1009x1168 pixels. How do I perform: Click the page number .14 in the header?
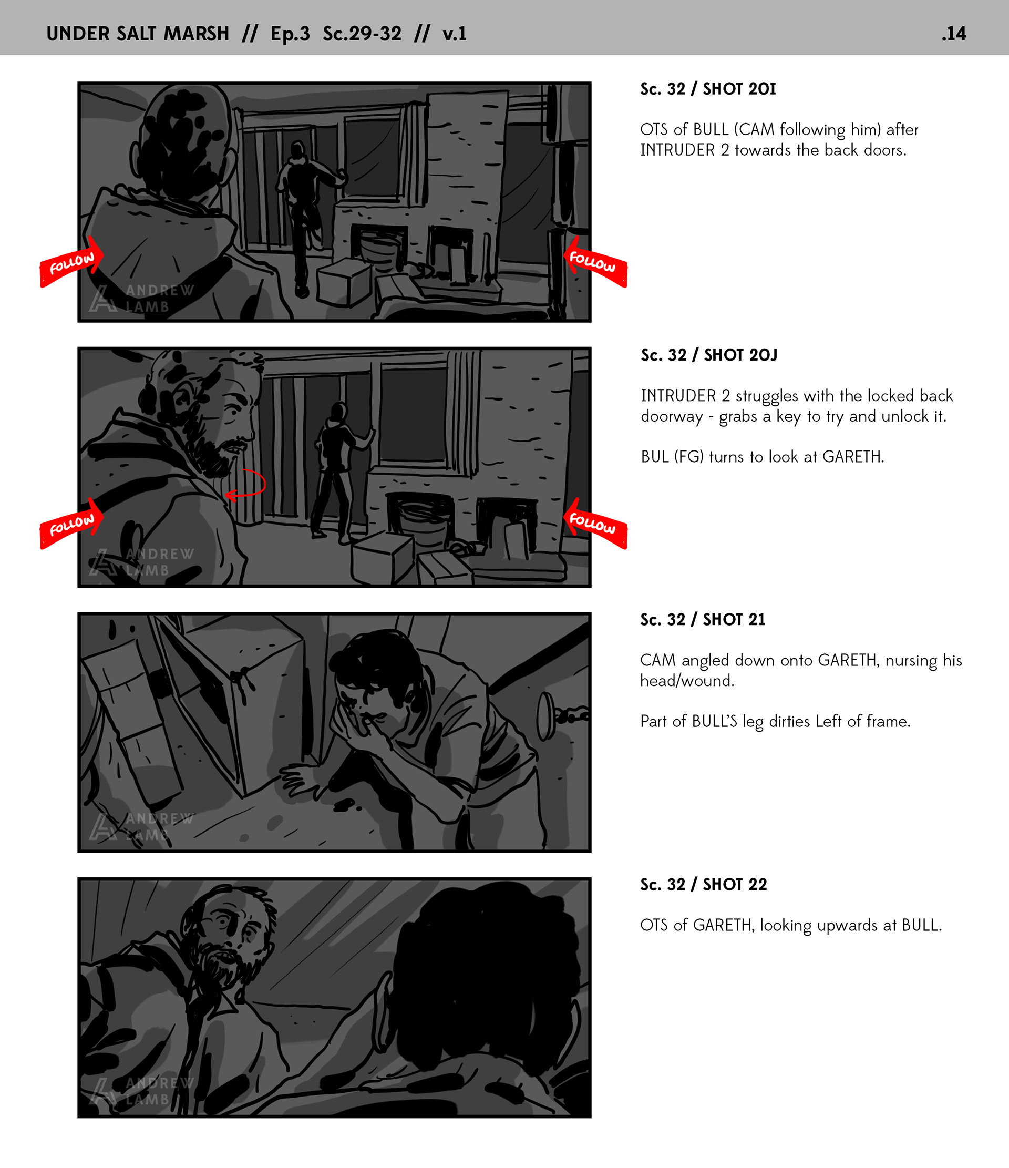tap(954, 34)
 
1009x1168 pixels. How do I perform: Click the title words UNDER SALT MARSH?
tap(138, 34)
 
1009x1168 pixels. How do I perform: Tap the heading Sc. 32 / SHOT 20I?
tap(708, 88)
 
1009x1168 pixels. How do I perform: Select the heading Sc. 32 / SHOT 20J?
tap(709, 355)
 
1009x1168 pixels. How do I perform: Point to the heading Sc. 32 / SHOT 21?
tap(702, 620)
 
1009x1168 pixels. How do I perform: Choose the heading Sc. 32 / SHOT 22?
tap(704, 885)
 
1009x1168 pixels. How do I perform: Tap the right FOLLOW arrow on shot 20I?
tap(595, 262)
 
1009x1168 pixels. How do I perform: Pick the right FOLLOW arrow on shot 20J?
tap(595, 524)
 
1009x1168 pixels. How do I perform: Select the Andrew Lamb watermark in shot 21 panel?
tap(141, 826)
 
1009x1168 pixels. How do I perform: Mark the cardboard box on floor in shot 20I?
tap(343, 282)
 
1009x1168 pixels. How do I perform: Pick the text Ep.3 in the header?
tap(290, 34)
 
